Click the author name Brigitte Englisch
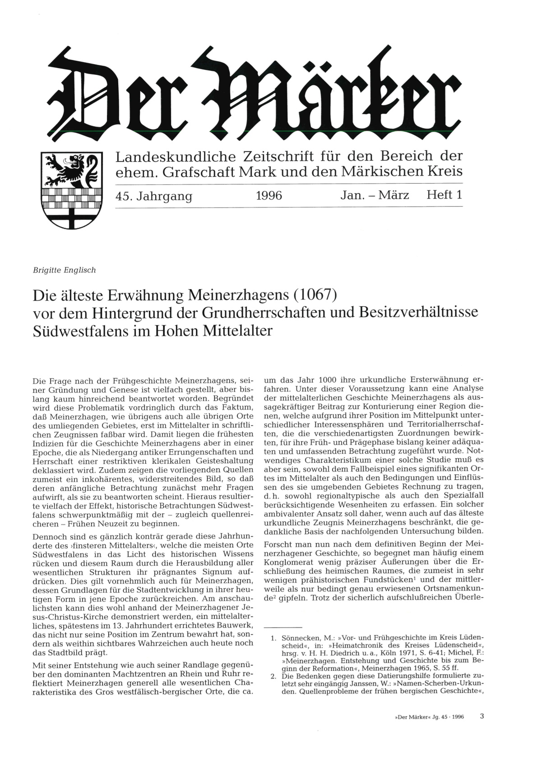65,270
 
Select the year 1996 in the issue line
268,196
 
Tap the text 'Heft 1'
444,195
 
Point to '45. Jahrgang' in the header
154,196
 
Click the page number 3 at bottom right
482,728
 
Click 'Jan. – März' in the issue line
375,196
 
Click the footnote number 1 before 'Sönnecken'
273,638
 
